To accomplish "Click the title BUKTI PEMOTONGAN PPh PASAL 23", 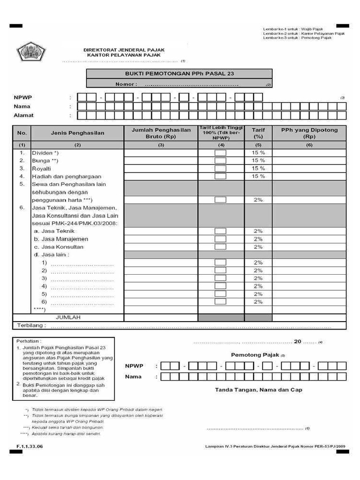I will click(x=179, y=74).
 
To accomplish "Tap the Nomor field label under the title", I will click(x=126, y=84).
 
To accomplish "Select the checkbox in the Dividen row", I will click(x=220, y=153).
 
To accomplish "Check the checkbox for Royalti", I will click(x=220, y=168).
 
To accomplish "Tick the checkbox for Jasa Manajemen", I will click(x=220, y=239).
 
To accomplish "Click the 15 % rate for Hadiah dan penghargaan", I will click(x=258, y=176).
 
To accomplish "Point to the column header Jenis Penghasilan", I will click(x=78, y=133).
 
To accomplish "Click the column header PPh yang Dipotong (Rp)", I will click(x=309, y=133).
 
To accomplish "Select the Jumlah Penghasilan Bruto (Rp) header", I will click(x=161, y=133).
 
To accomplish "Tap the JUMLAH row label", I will click(x=68, y=317).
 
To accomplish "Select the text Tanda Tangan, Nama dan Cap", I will click(x=258, y=390).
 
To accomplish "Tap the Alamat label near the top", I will click(x=23, y=115).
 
